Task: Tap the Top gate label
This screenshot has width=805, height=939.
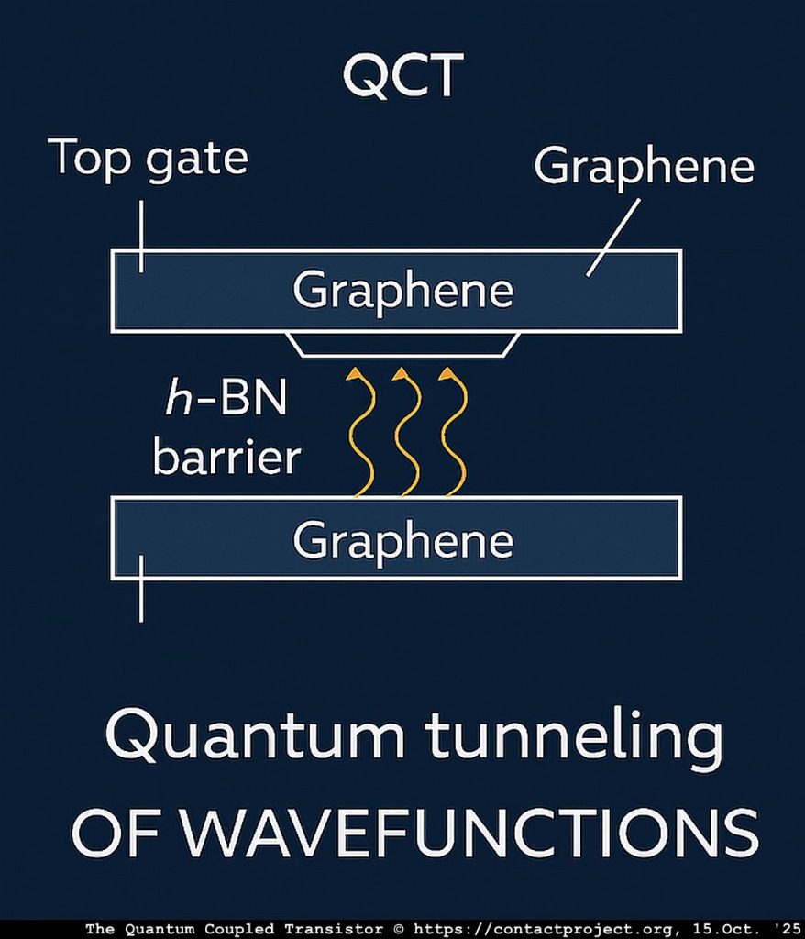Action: click(x=148, y=158)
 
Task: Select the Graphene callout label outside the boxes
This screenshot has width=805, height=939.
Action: click(x=643, y=166)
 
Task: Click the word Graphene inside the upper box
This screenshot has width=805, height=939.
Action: click(x=402, y=291)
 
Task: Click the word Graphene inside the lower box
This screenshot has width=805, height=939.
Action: click(x=402, y=540)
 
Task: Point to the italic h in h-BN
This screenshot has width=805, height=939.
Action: click(x=173, y=401)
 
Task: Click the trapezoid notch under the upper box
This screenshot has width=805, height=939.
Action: click(x=403, y=344)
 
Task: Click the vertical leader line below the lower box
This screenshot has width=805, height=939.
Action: click(x=140, y=601)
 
